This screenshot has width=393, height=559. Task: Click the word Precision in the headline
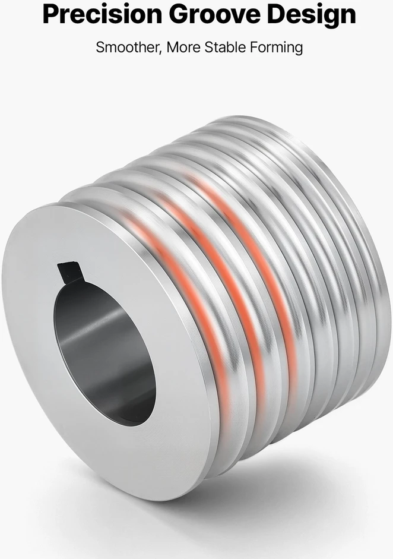pyautogui.click(x=102, y=14)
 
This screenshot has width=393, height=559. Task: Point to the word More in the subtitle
pyautogui.click(x=183, y=47)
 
